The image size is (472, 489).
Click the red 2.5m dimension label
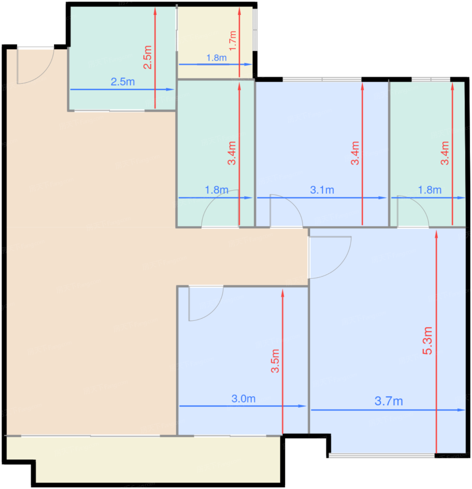147,57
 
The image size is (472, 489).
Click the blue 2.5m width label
123,82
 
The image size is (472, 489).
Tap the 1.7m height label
232,41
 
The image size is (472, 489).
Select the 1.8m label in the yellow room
216,58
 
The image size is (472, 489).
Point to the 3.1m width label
322,190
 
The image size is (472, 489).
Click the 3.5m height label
275,361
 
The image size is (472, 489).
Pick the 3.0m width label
243,399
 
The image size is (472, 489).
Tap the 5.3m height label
428,341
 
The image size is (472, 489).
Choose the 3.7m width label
389,401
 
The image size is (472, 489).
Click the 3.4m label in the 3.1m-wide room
355,153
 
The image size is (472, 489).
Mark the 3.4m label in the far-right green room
444,153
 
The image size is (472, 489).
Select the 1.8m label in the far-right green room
429,190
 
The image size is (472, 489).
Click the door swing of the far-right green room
412,211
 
